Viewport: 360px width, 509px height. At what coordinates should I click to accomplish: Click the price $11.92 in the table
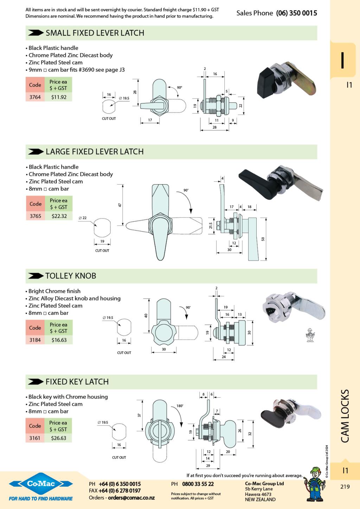[59, 97]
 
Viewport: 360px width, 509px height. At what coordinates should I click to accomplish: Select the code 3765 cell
[35, 216]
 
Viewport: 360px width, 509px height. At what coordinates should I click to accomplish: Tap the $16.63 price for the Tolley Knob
[59, 340]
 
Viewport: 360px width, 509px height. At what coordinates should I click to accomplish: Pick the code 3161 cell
[35, 438]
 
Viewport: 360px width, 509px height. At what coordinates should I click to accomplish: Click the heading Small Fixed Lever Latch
[95, 33]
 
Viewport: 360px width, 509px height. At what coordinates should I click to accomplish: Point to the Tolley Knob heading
[71, 276]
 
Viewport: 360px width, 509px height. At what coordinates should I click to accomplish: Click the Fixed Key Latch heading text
[77, 382]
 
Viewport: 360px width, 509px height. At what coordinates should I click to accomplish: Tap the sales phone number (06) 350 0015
[296, 13]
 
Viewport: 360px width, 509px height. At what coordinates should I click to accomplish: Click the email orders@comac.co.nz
[131, 498]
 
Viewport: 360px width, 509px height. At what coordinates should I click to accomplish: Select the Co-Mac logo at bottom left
[41, 484]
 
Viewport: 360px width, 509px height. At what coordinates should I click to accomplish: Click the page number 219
[345, 487]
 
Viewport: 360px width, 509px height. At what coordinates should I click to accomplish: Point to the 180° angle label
[180, 406]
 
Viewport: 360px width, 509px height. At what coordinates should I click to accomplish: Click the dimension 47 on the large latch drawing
[120, 205]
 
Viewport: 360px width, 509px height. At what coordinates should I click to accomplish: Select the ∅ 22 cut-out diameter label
[83, 218]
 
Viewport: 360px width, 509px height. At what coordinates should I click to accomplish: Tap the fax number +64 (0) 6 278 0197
[120, 491]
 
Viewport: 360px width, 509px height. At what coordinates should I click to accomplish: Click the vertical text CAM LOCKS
[345, 416]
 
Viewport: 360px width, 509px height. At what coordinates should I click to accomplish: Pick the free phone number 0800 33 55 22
[198, 484]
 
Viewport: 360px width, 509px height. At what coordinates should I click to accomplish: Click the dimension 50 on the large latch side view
[263, 239]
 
